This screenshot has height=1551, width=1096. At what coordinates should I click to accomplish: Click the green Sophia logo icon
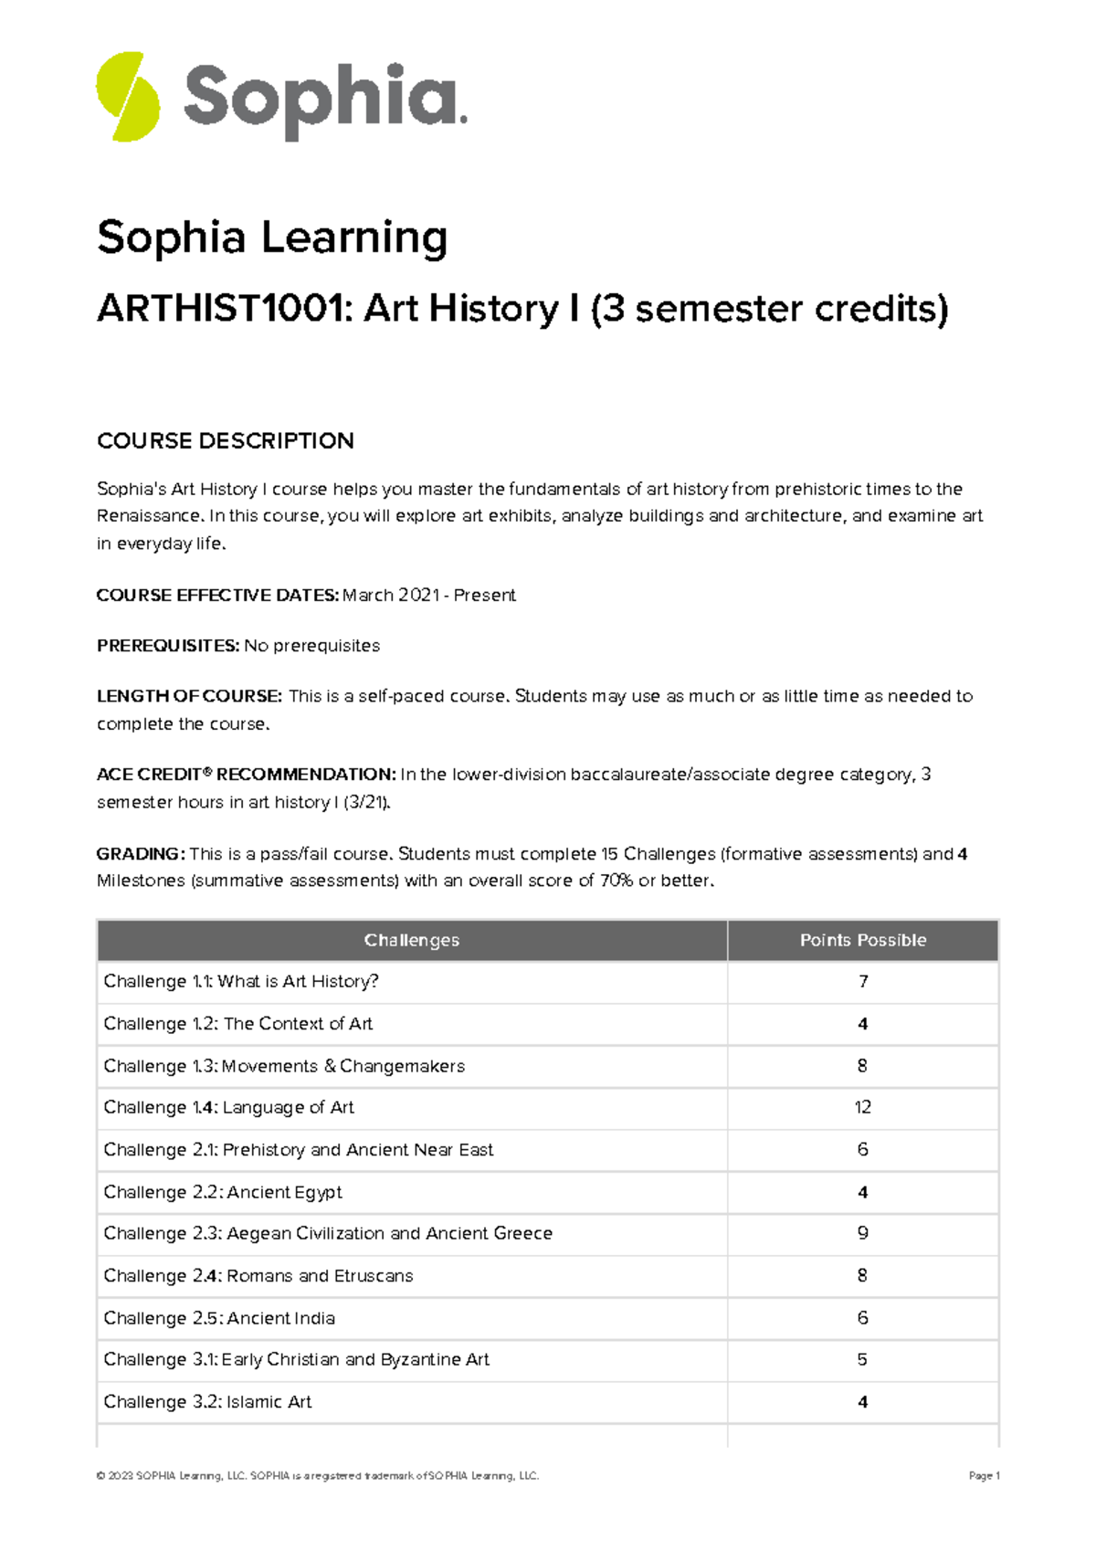128,97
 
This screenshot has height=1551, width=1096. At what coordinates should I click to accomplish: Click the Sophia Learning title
272,237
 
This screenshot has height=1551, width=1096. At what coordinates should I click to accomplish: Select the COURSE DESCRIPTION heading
226,441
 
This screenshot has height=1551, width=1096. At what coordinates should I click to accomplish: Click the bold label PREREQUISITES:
168,646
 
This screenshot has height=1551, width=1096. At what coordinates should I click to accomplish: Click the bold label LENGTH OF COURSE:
189,696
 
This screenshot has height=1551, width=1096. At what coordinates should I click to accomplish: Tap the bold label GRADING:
141,854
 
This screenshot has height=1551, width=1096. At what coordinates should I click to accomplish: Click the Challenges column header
411,941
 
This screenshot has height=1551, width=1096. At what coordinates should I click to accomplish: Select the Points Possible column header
862,941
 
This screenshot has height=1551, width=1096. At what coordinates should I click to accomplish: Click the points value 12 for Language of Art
862,1107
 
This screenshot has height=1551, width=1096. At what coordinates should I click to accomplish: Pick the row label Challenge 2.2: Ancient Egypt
223,1192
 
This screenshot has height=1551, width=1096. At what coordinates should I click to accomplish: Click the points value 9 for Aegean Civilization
862,1233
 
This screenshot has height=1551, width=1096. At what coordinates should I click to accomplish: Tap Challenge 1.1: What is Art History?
241,981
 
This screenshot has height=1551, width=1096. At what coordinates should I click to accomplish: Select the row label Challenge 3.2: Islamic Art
207,1402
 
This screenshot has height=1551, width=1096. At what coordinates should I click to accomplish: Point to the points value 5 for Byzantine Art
862,1359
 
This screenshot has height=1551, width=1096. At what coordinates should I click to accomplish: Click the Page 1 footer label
984,1476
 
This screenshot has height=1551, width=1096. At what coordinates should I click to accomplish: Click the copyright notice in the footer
317,1476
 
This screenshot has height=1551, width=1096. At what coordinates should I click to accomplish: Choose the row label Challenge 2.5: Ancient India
219,1318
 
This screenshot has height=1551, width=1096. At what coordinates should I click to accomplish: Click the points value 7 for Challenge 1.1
862,981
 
